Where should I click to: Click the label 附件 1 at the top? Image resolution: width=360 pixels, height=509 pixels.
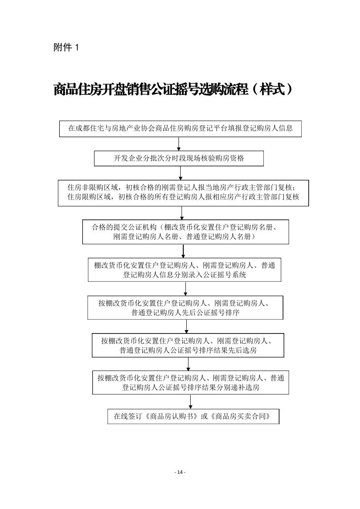tap(66, 48)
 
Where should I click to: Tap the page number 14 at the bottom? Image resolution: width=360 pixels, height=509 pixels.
tap(180, 472)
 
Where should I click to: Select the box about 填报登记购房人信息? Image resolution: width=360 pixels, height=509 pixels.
tap(180, 128)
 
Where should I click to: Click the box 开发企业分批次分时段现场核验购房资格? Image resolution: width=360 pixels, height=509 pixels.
tap(179, 158)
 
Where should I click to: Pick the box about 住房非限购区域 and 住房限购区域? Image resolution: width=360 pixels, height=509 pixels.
tap(183, 193)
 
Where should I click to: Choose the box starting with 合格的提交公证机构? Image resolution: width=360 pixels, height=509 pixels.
tap(185, 232)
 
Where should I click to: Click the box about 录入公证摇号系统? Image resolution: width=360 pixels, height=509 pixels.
tap(185, 270)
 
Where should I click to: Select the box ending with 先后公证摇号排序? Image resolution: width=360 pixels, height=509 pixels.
tap(185, 308)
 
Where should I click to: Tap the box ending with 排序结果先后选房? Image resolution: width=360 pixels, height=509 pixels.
tap(188, 345)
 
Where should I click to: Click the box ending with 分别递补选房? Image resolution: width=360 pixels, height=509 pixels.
tap(191, 382)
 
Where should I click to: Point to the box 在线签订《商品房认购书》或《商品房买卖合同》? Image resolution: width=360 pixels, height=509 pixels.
tap(193, 416)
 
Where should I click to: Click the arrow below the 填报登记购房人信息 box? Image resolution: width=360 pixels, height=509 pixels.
tap(178, 144)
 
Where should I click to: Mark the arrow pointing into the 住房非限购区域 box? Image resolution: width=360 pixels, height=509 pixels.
tap(181, 173)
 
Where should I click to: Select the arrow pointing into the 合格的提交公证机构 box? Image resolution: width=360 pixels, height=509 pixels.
tap(182, 213)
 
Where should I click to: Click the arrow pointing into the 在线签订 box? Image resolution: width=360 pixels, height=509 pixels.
tap(191, 401)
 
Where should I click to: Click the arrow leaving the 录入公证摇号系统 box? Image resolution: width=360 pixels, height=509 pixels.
tap(186, 289)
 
